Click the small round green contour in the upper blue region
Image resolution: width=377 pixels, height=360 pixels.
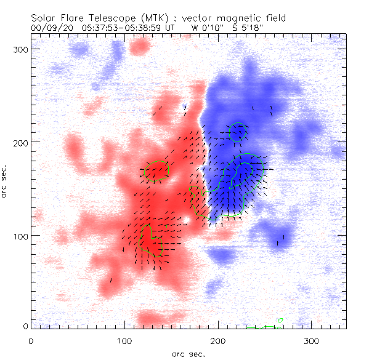(x=238, y=132)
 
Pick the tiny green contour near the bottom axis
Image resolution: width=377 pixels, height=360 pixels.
(x=281, y=321)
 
